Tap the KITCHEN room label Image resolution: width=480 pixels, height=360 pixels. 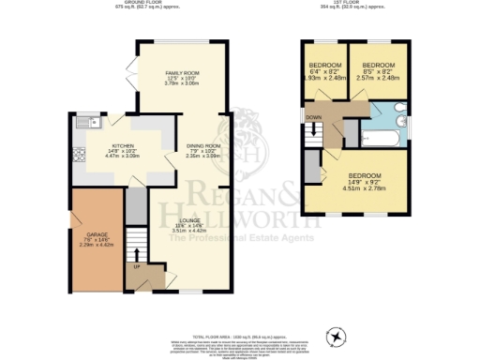[x=123, y=147]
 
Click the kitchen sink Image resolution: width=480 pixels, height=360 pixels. [x=87, y=122]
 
